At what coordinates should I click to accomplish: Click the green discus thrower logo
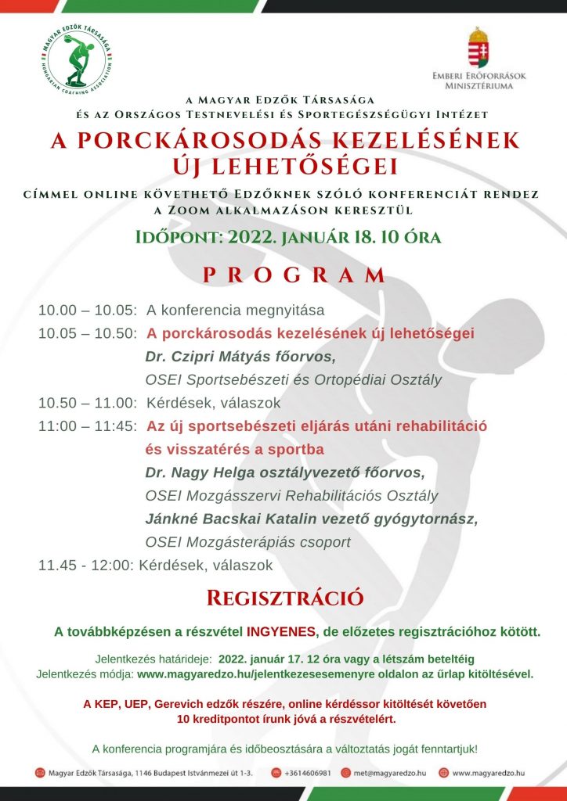78,59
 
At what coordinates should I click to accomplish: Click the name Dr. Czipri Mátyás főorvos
240,357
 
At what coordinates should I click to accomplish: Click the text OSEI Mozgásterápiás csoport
248,543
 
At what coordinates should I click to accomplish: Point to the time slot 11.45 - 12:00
86,566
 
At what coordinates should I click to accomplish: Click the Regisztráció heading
284,598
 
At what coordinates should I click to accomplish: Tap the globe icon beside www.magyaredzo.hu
444,773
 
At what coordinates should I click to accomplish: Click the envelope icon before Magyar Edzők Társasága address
40,773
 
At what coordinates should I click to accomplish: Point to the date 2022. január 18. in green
297,236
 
